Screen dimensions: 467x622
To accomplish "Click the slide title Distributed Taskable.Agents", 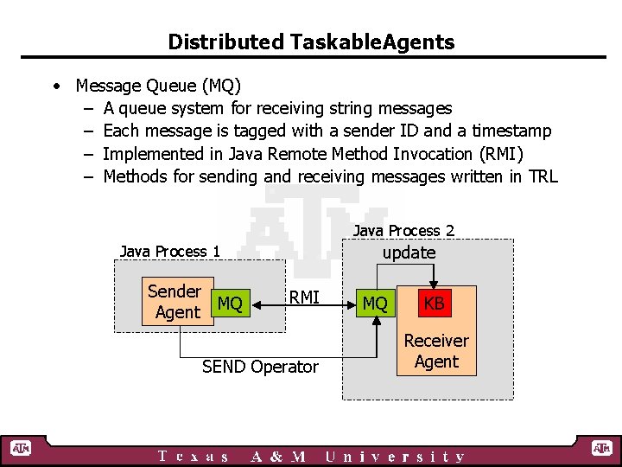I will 311,42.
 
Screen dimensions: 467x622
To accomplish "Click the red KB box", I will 434,304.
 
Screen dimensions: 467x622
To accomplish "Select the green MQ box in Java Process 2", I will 375,304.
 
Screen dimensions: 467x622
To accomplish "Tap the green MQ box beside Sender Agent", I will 230,304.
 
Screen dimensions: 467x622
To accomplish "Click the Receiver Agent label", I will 436,351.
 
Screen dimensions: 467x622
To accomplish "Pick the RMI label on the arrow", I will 304,297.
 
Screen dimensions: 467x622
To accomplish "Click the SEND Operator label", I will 260,367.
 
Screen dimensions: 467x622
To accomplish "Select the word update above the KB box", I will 409,253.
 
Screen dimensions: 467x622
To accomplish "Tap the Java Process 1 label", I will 170,251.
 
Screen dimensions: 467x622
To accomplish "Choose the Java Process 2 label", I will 403,230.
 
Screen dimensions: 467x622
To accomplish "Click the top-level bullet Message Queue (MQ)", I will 158,86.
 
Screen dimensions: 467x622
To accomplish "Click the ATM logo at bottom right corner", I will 601,448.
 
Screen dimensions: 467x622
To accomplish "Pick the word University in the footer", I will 396,457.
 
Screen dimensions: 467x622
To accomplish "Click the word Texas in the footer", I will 194,457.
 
